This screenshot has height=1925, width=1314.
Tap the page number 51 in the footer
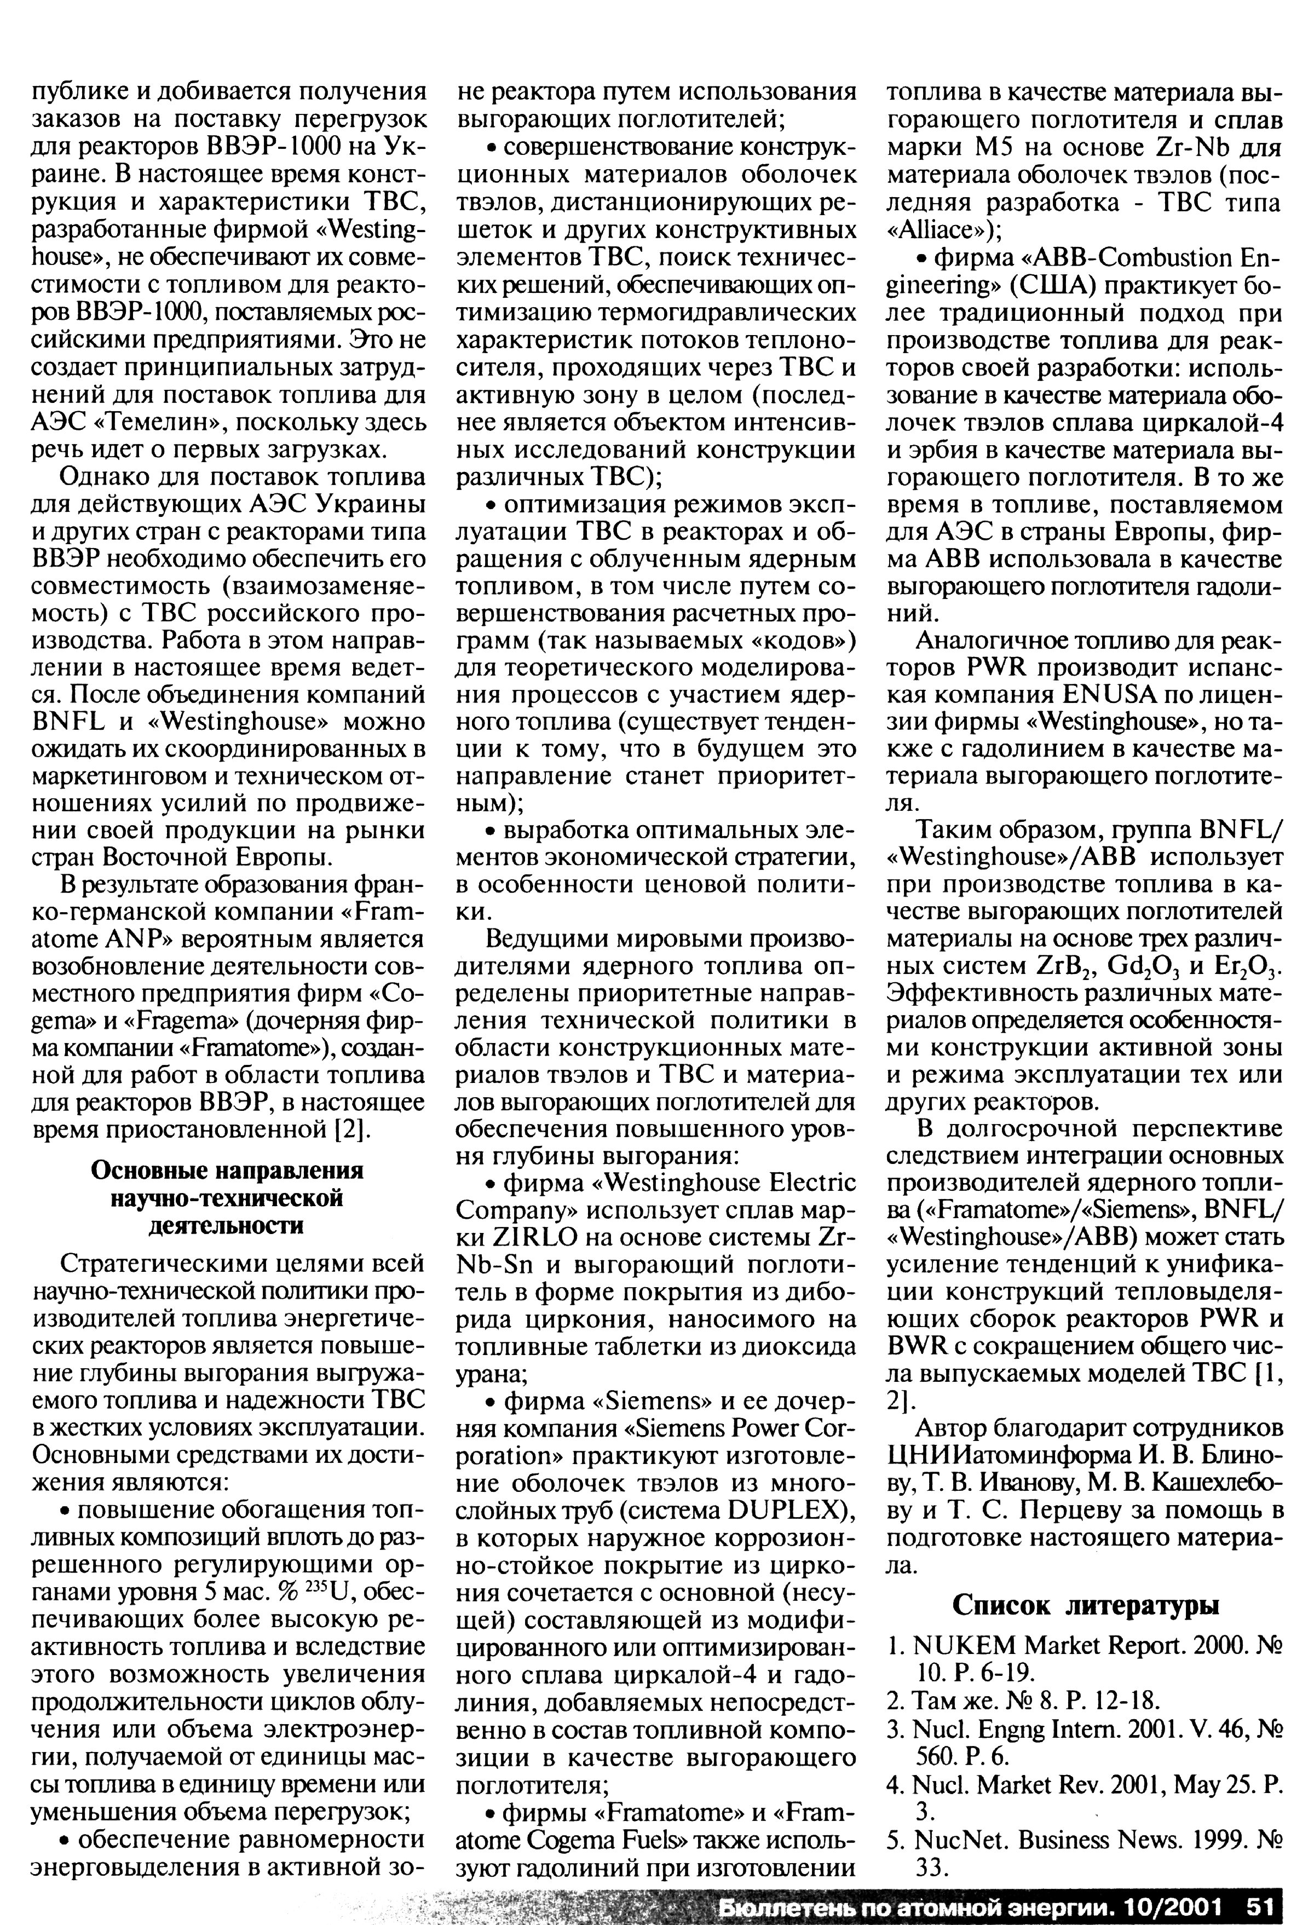(1257, 1904)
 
